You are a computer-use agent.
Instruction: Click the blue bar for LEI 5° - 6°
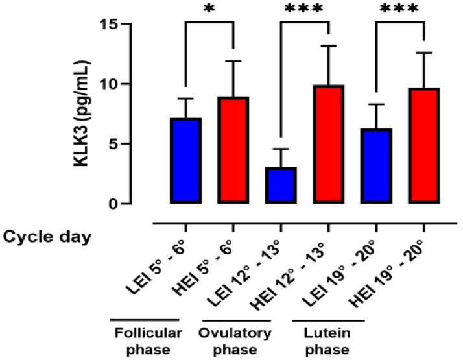pyautogui.click(x=185, y=161)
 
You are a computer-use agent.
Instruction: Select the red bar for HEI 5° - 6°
pyautogui.click(x=233, y=150)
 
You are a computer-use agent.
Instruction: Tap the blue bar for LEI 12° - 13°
pyautogui.click(x=281, y=186)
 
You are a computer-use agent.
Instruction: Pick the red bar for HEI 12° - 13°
pyautogui.click(x=328, y=144)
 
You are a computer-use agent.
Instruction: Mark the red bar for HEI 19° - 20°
pyautogui.click(x=423, y=145)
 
